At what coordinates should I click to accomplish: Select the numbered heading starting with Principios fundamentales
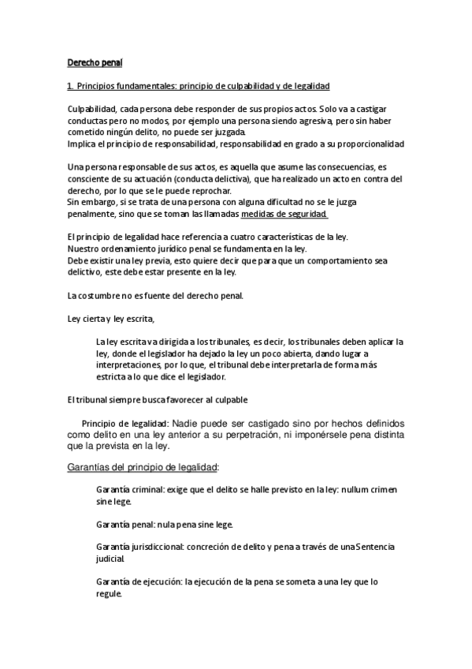tap(198, 84)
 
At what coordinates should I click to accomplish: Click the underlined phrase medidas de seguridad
tap(284, 214)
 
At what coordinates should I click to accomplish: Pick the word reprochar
tap(210, 191)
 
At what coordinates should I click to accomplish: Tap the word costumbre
tap(108, 296)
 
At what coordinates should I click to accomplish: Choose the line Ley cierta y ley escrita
tap(110, 319)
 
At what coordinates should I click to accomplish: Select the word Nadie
tap(186, 423)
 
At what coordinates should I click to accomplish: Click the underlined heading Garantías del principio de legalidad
tap(143, 468)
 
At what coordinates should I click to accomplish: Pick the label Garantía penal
tap(124, 525)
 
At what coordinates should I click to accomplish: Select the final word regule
tap(109, 594)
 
